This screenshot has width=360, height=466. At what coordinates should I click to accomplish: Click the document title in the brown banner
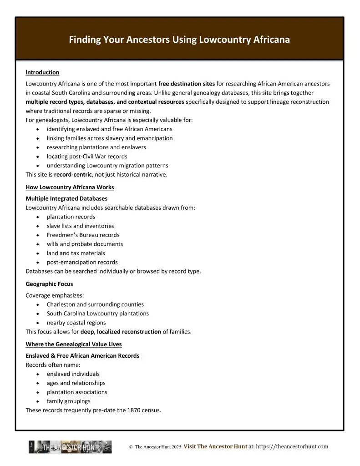(x=179, y=40)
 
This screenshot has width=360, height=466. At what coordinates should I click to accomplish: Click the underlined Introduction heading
(x=42, y=72)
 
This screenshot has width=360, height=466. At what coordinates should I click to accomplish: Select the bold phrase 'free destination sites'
(x=187, y=84)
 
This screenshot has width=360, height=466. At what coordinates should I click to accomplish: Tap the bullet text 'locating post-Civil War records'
(x=87, y=157)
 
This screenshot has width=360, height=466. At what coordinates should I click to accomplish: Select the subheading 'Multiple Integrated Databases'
(x=66, y=199)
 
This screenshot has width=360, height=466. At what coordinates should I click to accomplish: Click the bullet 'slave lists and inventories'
(x=80, y=226)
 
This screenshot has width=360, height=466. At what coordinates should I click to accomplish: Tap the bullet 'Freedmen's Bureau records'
(x=83, y=235)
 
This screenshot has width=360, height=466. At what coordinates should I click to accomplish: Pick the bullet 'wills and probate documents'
(x=85, y=244)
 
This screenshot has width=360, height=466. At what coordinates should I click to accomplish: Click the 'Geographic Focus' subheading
(x=49, y=284)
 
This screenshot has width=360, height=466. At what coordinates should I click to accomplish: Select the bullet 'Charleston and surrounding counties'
(x=95, y=304)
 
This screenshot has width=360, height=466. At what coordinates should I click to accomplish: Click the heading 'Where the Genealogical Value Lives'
(x=74, y=344)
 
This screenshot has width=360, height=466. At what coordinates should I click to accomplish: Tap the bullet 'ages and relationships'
(x=76, y=383)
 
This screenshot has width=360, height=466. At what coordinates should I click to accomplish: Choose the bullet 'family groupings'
(x=68, y=401)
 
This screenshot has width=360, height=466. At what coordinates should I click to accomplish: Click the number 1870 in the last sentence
(x=124, y=410)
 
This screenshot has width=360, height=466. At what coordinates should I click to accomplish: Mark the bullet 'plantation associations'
(x=77, y=392)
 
